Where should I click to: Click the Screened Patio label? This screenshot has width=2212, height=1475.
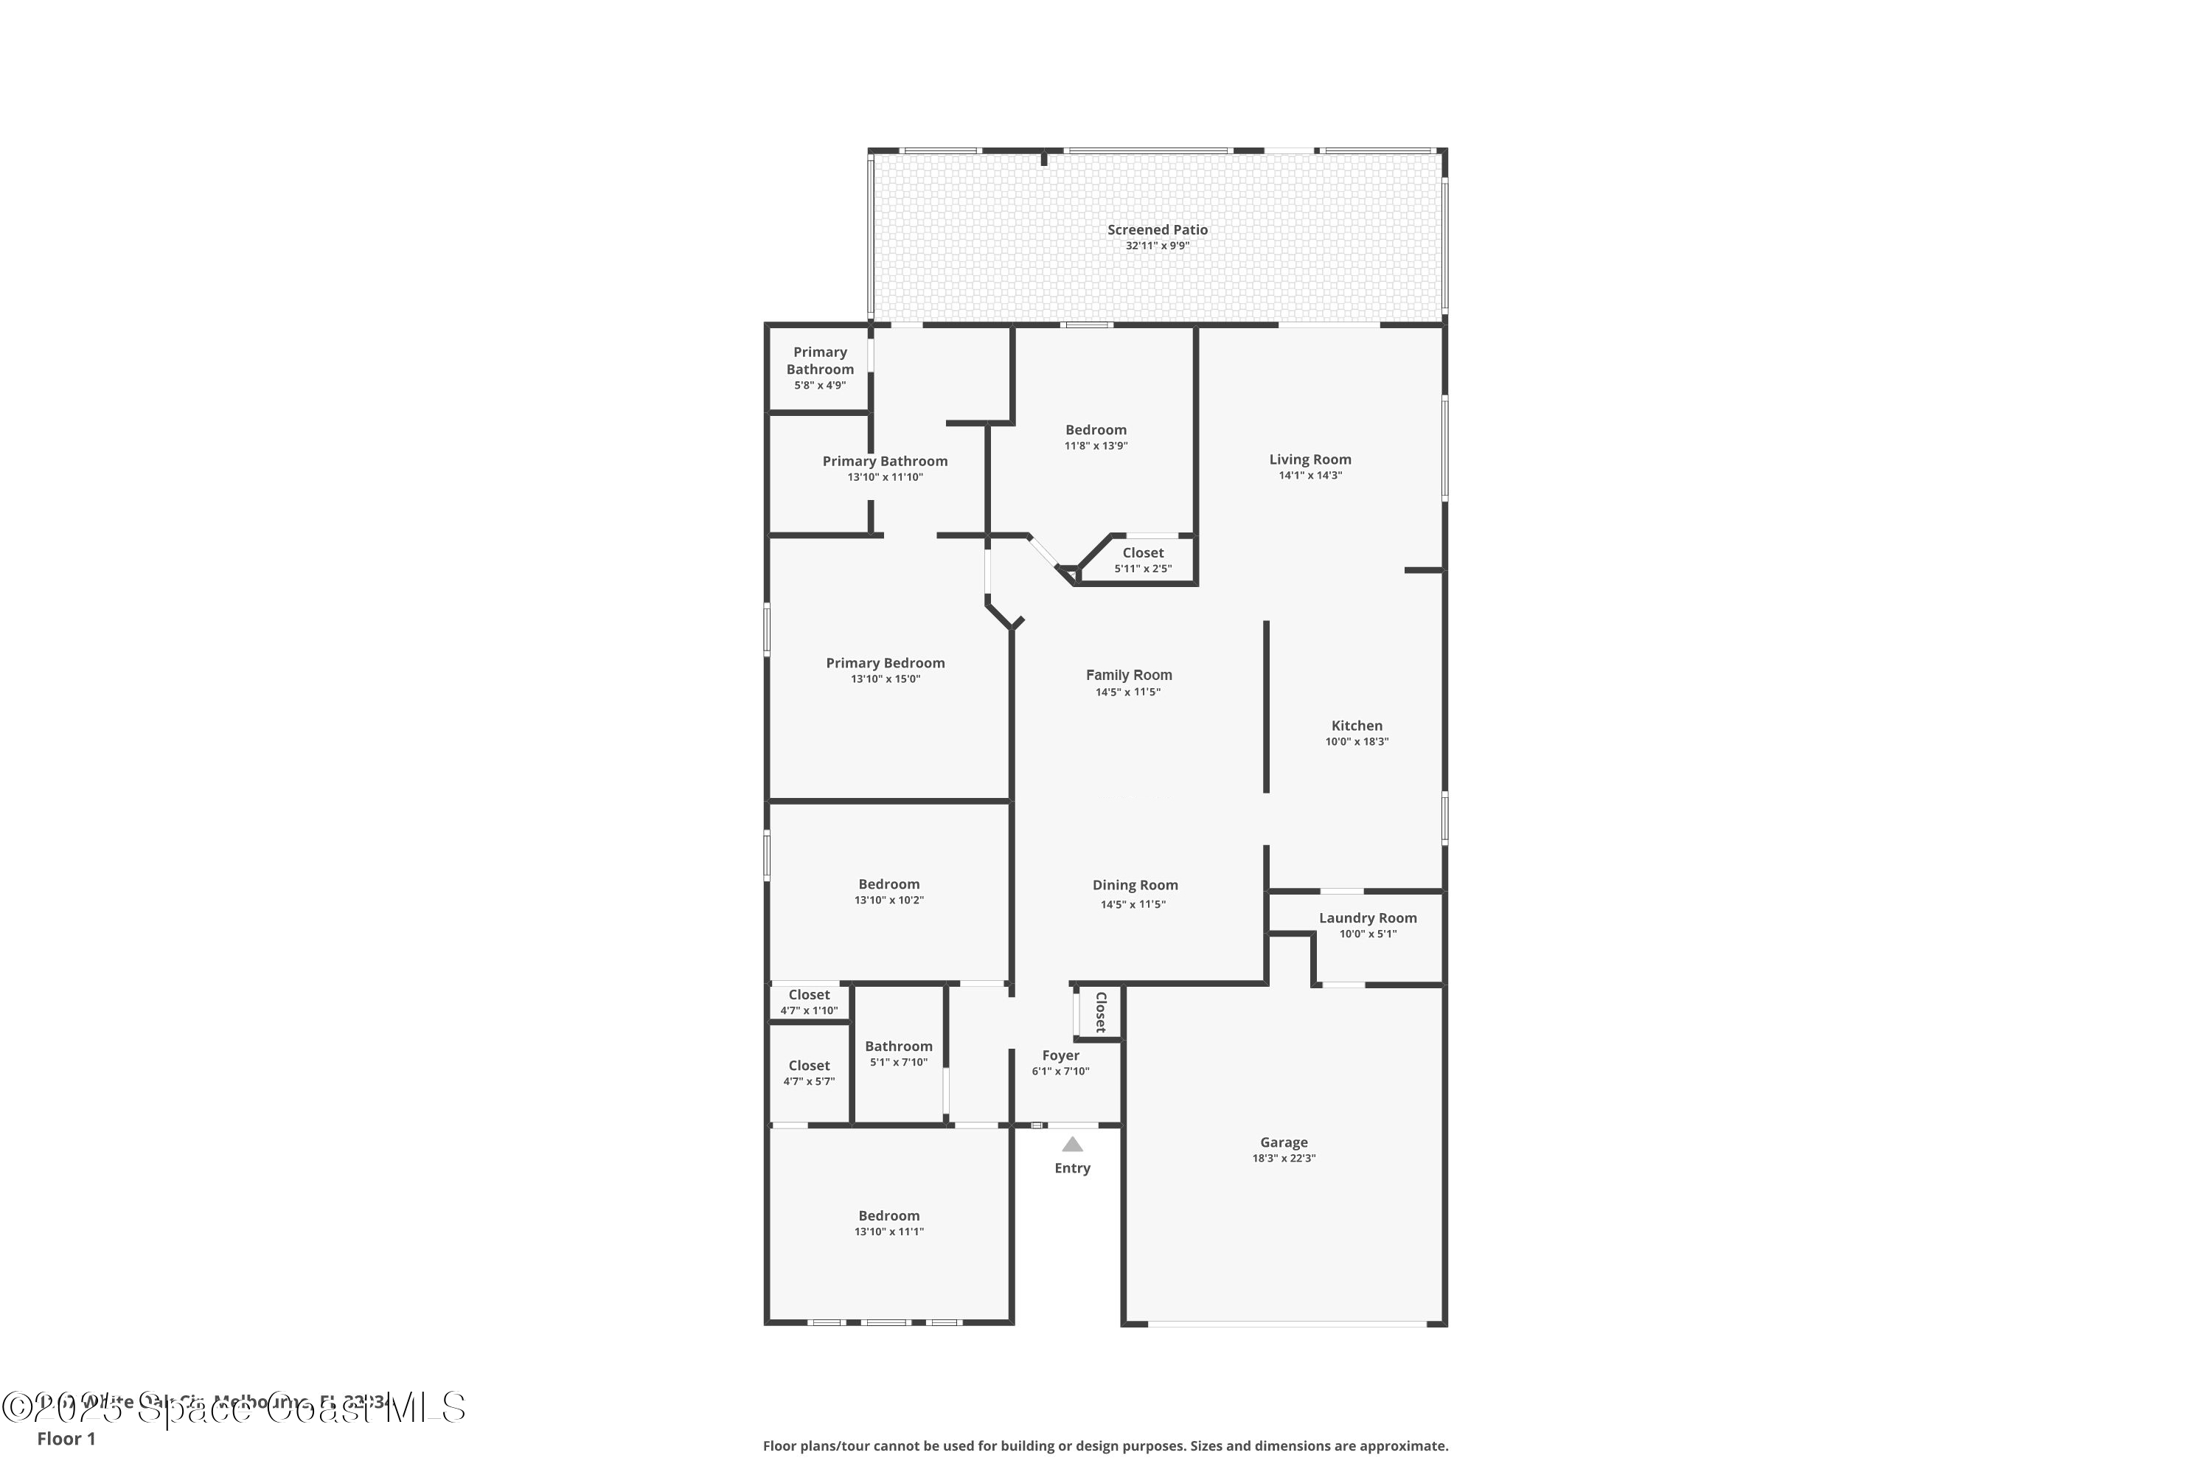(1157, 229)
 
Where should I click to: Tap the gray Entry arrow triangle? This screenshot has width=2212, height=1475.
(1072, 1145)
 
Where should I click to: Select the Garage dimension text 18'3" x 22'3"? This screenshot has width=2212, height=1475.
(1283, 1159)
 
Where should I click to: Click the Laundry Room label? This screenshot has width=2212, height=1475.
(1368, 918)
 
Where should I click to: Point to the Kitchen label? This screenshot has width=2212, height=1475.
(1356, 725)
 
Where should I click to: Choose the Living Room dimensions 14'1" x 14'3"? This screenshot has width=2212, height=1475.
(1310, 476)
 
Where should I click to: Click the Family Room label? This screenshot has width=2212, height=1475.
(1129, 675)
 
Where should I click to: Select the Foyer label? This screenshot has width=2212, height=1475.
(1060, 1055)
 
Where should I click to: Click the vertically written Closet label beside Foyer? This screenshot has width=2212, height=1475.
(1100, 1012)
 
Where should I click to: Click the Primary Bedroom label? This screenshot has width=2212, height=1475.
(885, 663)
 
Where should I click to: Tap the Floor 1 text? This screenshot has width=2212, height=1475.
(66, 1438)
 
